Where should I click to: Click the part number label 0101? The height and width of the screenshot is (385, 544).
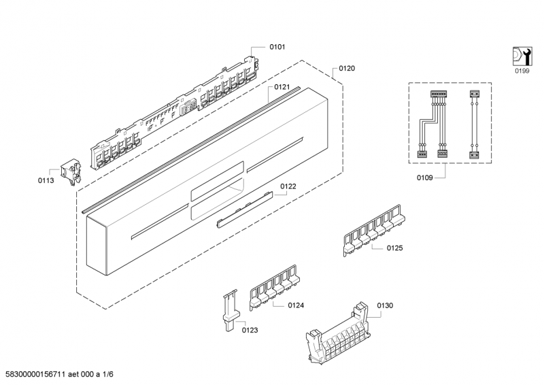click(x=277, y=47)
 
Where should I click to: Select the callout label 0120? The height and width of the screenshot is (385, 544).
click(x=347, y=69)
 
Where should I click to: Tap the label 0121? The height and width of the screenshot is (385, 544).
click(x=282, y=87)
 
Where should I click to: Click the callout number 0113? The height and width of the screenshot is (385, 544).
click(x=46, y=180)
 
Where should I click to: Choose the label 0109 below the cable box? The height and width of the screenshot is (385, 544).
click(x=425, y=178)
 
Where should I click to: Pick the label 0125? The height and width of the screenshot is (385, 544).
click(x=394, y=248)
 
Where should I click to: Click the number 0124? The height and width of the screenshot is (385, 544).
click(x=295, y=305)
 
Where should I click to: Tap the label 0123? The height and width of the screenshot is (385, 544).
click(x=250, y=330)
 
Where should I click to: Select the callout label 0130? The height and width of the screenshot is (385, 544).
click(x=385, y=305)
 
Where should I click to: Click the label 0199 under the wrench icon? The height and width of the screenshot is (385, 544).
click(x=521, y=70)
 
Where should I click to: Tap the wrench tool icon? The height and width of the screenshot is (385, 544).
click(x=521, y=55)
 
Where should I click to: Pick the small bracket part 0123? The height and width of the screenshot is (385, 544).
click(x=230, y=309)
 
